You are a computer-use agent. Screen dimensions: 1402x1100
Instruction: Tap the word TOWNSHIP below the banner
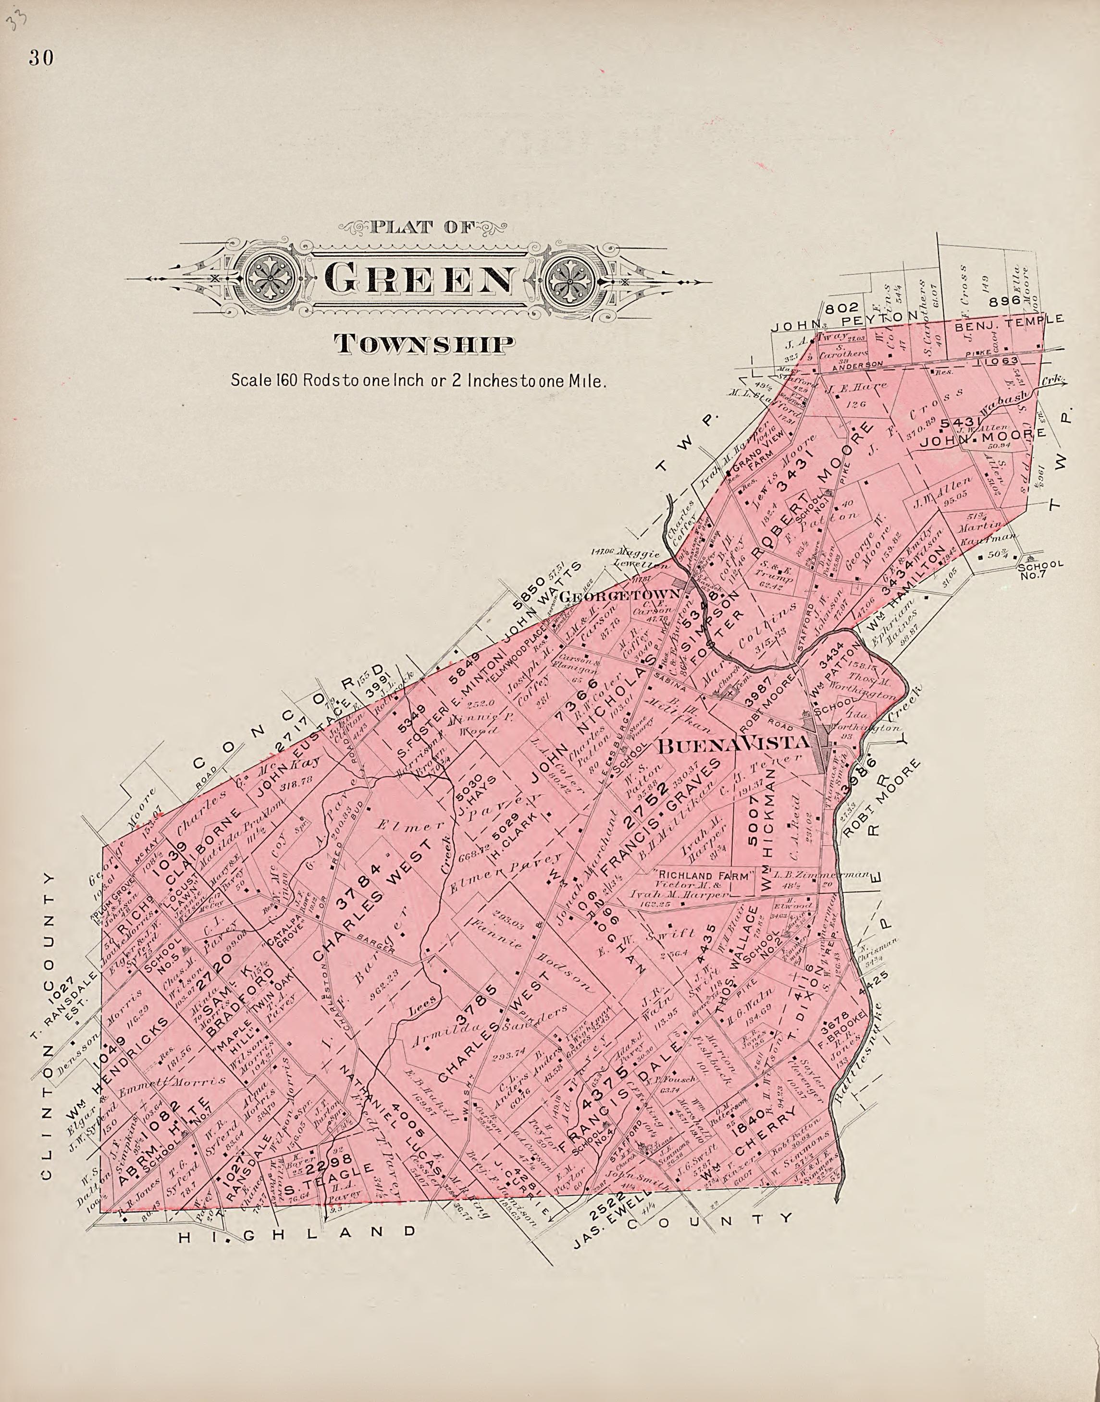coord(424,344)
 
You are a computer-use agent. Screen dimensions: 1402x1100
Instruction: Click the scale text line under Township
coord(419,380)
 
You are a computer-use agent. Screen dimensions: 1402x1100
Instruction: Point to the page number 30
coord(40,59)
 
